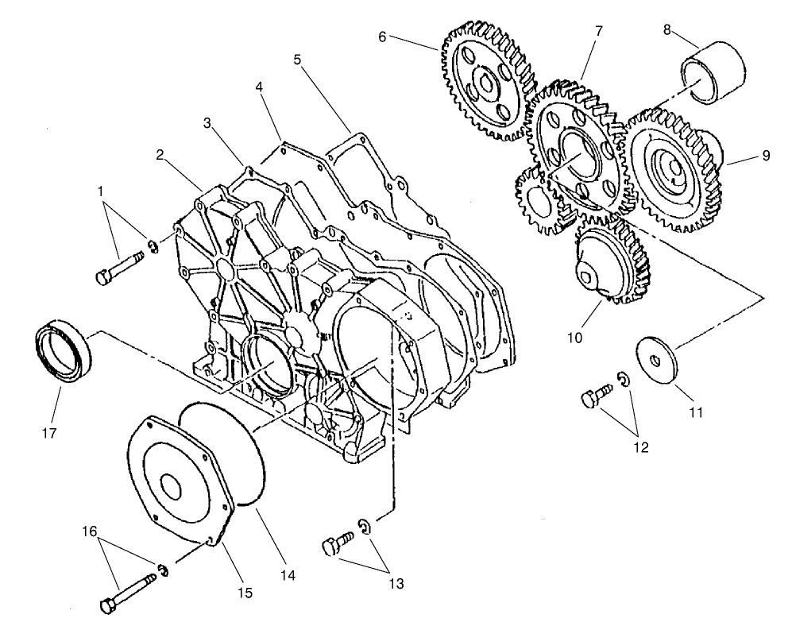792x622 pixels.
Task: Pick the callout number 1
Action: (100, 192)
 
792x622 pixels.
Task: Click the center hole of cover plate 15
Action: (170, 486)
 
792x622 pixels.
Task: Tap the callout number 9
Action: (766, 156)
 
